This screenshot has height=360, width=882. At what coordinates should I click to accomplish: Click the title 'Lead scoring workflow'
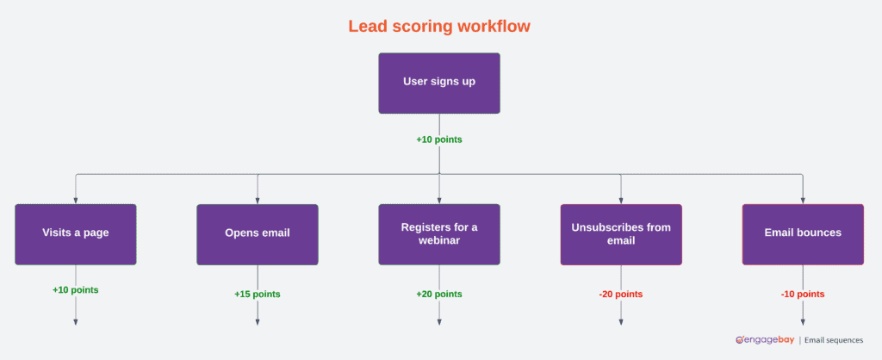click(x=439, y=27)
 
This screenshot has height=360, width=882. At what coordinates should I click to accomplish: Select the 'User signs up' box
click(x=439, y=83)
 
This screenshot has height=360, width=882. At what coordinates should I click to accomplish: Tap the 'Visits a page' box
click(x=76, y=233)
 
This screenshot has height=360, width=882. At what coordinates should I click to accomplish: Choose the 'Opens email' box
click(x=258, y=233)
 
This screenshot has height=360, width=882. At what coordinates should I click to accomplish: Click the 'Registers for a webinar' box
click(x=439, y=233)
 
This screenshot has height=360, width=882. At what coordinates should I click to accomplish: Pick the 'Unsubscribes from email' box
click(x=621, y=233)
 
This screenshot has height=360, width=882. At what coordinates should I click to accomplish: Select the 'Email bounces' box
click(x=803, y=233)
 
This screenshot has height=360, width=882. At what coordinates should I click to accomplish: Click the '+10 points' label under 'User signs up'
click(x=439, y=139)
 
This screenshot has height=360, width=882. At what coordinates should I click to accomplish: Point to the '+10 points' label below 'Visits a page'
click(x=76, y=290)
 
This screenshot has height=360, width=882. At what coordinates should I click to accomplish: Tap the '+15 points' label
click(x=258, y=295)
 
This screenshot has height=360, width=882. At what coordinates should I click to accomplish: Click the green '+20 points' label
click(x=439, y=295)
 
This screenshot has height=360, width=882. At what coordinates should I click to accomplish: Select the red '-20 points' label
click(x=621, y=295)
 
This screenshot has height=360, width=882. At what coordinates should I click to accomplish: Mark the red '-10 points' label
click(x=803, y=295)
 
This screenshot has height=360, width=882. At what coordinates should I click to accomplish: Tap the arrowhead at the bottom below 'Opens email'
click(x=258, y=321)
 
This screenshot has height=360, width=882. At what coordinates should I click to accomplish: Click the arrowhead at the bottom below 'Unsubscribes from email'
click(x=621, y=321)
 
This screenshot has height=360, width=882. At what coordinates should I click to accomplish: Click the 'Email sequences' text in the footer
click(x=834, y=340)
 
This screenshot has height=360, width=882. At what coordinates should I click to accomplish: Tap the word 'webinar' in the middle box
click(x=439, y=240)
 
